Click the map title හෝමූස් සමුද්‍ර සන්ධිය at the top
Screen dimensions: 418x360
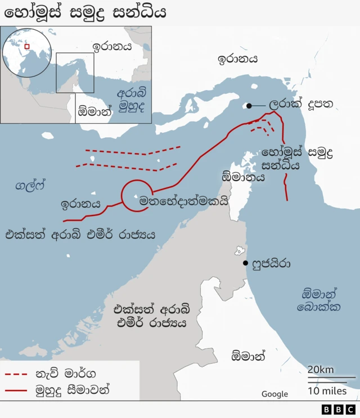[85, 12]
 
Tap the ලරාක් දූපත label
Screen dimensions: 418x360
[300, 105]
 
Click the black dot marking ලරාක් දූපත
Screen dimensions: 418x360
[249, 105]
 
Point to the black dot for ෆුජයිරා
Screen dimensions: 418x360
[245, 263]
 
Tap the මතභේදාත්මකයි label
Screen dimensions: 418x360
[184, 200]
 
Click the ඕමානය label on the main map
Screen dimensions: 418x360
[244, 177]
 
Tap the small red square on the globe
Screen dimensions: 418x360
[26, 46]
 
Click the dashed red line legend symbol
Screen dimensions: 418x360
[16, 374]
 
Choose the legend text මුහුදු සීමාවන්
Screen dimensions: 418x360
[73, 389]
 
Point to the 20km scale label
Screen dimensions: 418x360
[321, 369]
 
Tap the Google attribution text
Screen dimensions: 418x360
[274, 394]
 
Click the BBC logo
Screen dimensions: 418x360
[339, 410]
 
